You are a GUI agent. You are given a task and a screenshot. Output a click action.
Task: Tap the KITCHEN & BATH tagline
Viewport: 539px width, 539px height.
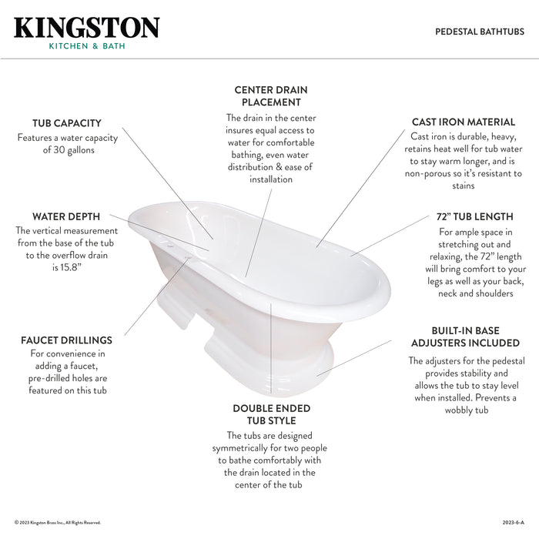[x=87, y=46]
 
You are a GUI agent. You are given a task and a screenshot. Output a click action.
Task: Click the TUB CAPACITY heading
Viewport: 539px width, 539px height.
[x=66, y=123]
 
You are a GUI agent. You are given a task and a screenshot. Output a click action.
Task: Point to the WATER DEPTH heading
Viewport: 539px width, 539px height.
[x=67, y=216]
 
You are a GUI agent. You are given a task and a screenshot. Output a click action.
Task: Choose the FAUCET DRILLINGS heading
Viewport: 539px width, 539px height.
[x=66, y=340]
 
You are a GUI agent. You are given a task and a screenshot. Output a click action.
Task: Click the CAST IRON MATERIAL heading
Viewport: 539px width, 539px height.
[x=464, y=122]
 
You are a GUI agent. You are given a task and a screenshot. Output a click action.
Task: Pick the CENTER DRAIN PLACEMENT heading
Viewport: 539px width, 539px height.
[x=271, y=96]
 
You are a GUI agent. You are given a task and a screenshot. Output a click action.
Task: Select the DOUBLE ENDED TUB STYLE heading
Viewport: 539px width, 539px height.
[x=271, y=414]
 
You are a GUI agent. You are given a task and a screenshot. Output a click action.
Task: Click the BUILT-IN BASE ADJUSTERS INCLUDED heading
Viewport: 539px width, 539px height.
[x=465, y=336]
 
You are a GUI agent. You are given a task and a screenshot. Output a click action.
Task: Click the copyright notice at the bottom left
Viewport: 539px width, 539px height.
[x=58, y=523]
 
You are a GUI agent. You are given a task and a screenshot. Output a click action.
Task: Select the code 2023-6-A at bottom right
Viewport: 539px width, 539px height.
[x=511, y=523]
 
